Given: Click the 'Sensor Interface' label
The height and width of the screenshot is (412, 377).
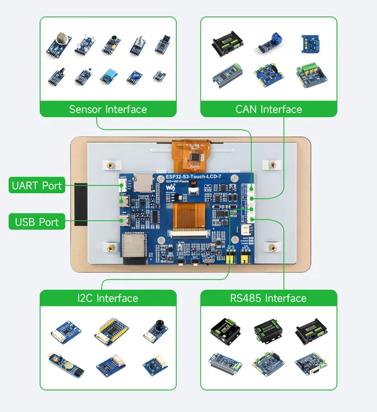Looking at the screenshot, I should click(108, 109).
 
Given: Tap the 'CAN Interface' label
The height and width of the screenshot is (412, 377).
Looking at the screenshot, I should click(268, 109).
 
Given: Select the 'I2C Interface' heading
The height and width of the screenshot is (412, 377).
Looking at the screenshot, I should click(108, 298).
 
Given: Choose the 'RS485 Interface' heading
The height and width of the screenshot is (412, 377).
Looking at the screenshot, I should click(268, 298).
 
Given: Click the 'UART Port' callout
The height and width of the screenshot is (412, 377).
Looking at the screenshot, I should click(37, 186).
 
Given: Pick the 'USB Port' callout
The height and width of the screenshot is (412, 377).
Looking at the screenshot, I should click(37, 222).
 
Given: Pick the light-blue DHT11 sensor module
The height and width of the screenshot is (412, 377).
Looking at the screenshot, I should click(108, 76).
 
